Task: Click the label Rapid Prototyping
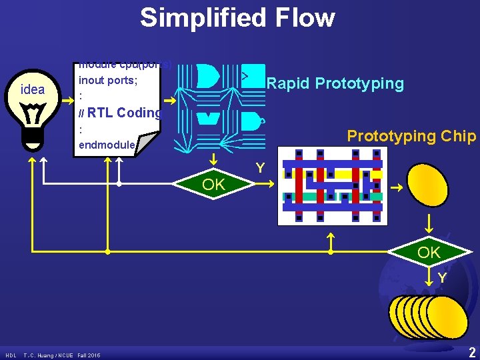pos(335,83)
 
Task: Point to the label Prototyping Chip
pos(411,136)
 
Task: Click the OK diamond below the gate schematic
pos(213,185)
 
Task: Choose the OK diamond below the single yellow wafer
pos(429,253)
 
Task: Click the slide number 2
pos(472,351)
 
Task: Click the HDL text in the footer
pos(11,355)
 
